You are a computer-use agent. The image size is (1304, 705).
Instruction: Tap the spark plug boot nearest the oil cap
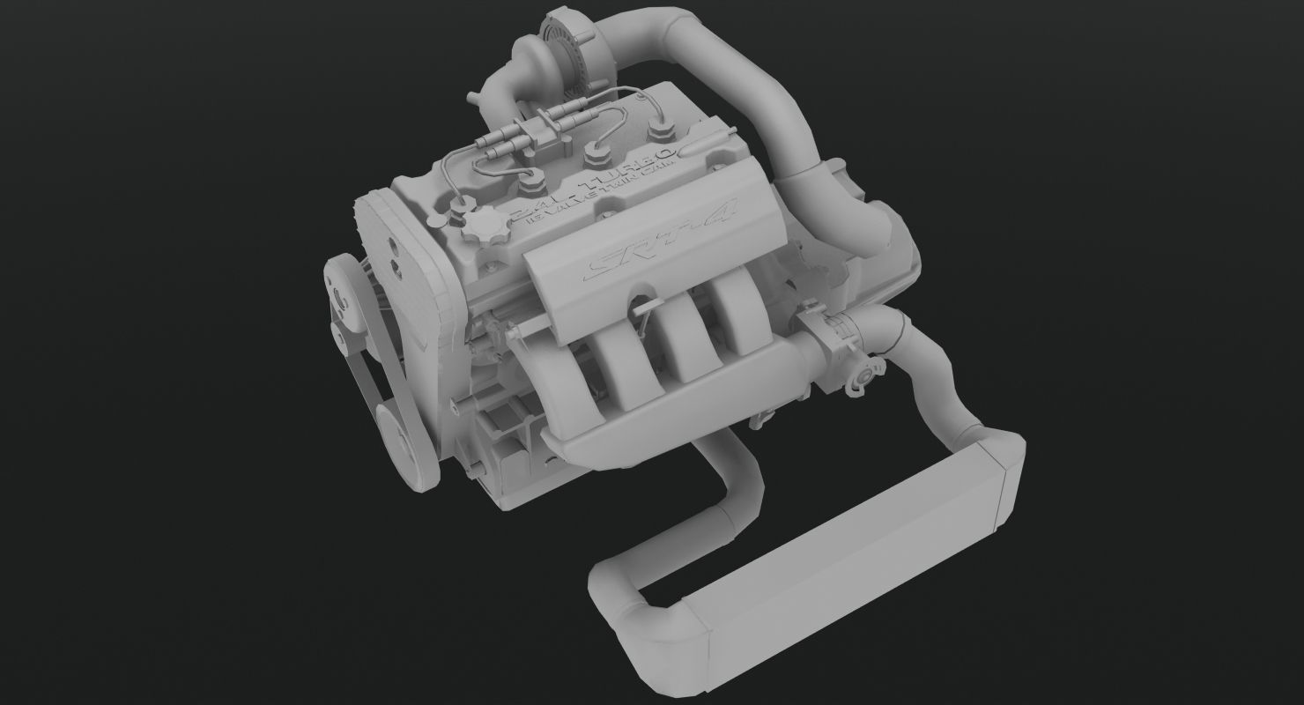(x=532, y=185)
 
